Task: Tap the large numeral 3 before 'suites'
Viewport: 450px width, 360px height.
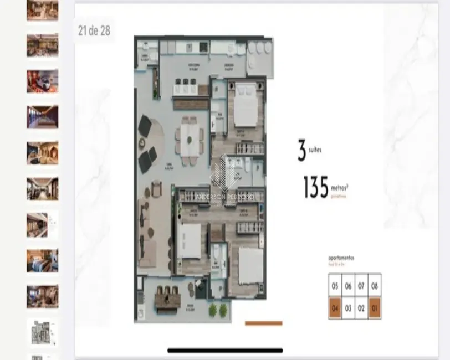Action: (302, 150)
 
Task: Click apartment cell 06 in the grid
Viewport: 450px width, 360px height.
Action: (348, 286)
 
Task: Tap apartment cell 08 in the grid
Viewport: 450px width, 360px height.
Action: (375, 286)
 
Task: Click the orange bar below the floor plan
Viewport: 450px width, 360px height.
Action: (263, 323)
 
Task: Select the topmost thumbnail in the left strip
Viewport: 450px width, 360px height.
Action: (42, 11)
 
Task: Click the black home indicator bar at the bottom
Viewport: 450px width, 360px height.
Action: (225, 350)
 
